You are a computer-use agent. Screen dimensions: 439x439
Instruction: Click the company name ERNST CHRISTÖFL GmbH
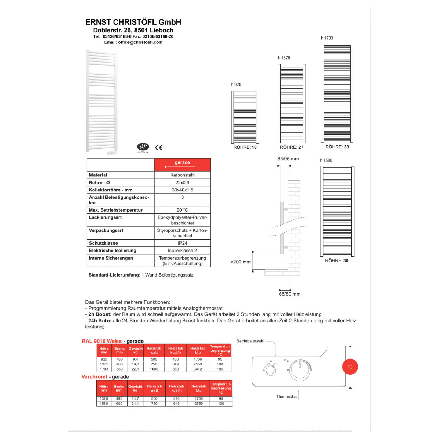[x=133, y=22]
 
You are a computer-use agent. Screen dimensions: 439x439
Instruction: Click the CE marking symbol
[x=159, y=148]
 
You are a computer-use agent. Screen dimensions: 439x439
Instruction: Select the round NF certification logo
[x=143, y=147]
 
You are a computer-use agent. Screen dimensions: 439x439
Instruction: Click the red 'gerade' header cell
[x=182, y=165]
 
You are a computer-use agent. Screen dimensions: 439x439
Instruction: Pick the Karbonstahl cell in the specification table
[x=182, y=175]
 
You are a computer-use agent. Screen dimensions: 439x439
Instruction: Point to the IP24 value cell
[x=182, y=243]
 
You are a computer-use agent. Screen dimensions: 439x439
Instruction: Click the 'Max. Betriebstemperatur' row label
[x=116, y=210]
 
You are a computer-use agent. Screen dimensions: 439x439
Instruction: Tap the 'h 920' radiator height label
[x=236, y=85]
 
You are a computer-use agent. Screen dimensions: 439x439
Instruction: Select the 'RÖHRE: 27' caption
[x=291, y=147]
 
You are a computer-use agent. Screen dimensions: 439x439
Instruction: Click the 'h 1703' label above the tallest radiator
[x=327, y=38]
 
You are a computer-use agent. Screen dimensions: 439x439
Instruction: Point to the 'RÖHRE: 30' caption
[x=337, y=261]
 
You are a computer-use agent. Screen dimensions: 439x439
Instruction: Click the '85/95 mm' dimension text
[x=288, y=159]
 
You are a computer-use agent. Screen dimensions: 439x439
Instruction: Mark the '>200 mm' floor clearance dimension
[x=241, y=262]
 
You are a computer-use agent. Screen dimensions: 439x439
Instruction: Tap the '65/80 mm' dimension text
[x=289, y=294]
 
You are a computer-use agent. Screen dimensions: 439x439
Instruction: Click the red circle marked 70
[x=350, y=367]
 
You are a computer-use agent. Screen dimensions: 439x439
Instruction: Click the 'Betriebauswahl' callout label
[x=250, y=341]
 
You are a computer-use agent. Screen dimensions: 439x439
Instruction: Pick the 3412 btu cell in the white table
[x=198, y=369]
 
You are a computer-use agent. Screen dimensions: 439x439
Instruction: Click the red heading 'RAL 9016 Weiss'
[x=102, y=341]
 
